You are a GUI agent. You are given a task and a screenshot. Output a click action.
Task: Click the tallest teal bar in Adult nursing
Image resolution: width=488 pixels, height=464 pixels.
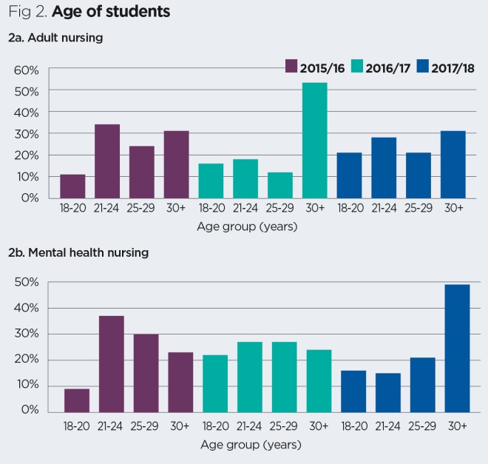(314, 141)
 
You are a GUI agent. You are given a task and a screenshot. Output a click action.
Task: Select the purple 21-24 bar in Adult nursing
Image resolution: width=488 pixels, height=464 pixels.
(107, 161)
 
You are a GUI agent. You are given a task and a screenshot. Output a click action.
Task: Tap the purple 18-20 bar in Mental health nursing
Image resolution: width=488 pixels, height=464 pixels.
(76, 400)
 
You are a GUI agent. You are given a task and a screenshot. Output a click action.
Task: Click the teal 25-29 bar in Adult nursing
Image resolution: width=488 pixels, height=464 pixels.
(279, 185)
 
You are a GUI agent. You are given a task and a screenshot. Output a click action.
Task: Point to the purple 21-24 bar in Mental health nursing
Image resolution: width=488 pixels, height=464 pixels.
(111, 363)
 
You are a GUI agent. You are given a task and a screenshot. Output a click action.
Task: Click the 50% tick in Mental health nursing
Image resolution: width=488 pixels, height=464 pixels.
(27, 282)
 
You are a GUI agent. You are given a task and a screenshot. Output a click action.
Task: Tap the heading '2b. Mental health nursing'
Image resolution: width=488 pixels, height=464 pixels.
(78, 252)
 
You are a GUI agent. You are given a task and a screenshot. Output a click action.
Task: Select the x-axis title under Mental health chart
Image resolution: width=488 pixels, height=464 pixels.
(251, 445)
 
